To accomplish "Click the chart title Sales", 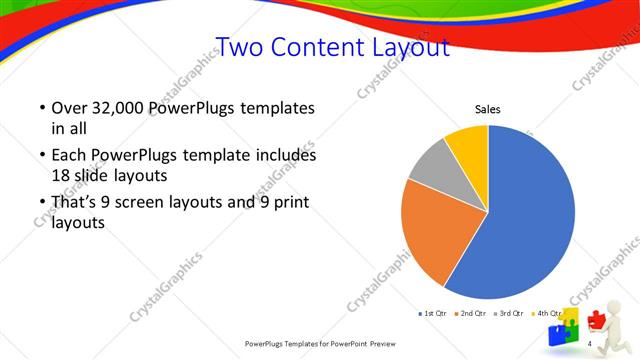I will pyautogui.click(x=487, y=109).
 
